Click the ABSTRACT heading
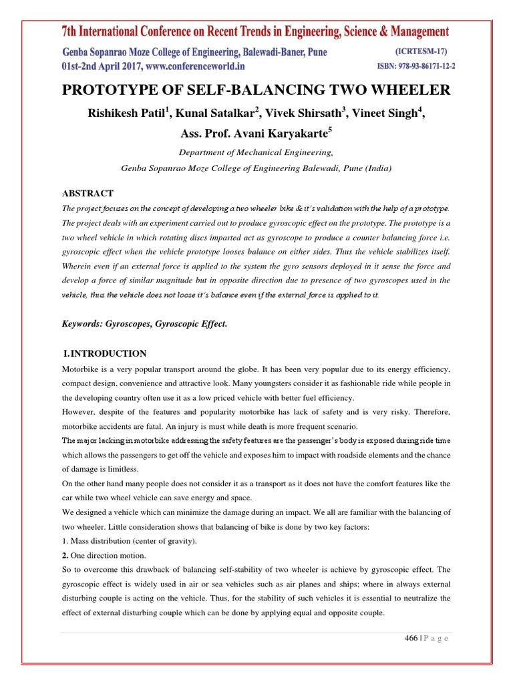click(x=88, y=193)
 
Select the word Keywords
click(x=83, y=323)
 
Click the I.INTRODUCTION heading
click(x=104, y=353)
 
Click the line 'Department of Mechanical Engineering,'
click(x=256, y=152)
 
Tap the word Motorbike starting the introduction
click(x=82, y=369)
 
